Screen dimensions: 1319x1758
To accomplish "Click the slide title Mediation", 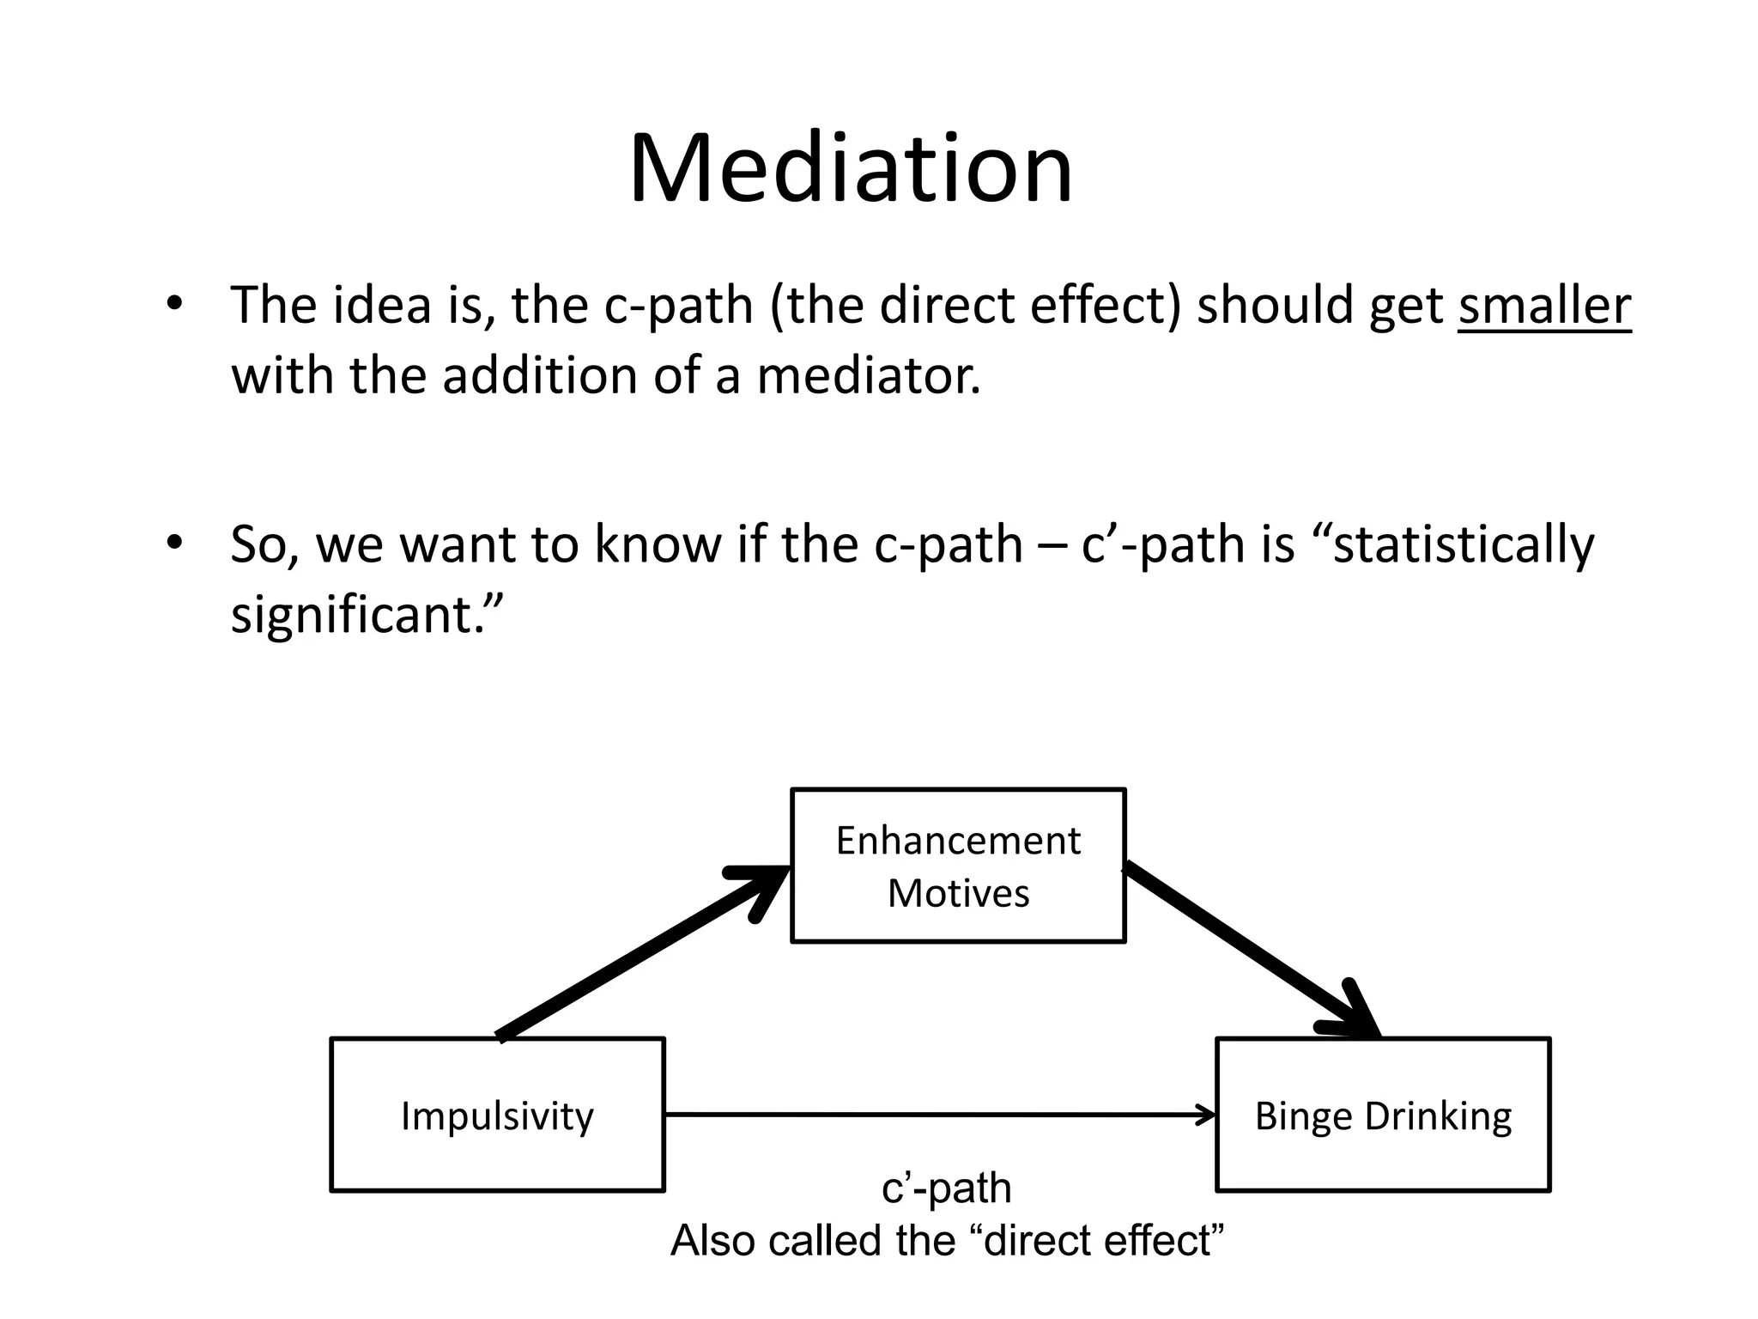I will tap(850, 168).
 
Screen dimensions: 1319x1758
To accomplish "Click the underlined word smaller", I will tap(1543, 305).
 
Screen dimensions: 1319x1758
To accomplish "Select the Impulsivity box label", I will tap(497, 1115).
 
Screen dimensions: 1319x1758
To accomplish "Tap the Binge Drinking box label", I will tap(1383, 1115).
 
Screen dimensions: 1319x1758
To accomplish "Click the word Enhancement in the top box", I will tap(957, 840).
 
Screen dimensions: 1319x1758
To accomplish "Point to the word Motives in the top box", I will tap(957, 893).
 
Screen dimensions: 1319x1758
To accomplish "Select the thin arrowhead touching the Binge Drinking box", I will tap(1209, 1115).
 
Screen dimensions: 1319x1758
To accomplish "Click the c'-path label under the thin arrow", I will tap(946, 1188).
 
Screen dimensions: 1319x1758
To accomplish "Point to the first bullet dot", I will tap(175, 303).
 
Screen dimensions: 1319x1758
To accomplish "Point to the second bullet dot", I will tap(175, 543).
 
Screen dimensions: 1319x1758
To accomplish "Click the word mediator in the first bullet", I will tap(868, 375).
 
